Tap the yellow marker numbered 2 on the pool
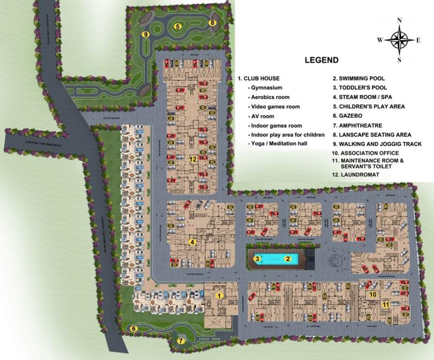(289, 258)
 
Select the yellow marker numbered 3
(257, 258)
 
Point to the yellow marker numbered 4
(192, 242)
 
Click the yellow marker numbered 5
(178, 27)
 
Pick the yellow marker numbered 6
(134, 328)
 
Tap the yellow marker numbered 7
(181, 341)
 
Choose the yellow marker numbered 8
(212, 22)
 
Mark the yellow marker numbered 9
(146, 34)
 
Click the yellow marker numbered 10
(374, 294)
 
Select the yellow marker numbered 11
(385, 304)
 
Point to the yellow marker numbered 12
(193, 159)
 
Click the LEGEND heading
(322, 60)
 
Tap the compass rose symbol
(399, 40)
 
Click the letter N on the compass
(399, 21)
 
